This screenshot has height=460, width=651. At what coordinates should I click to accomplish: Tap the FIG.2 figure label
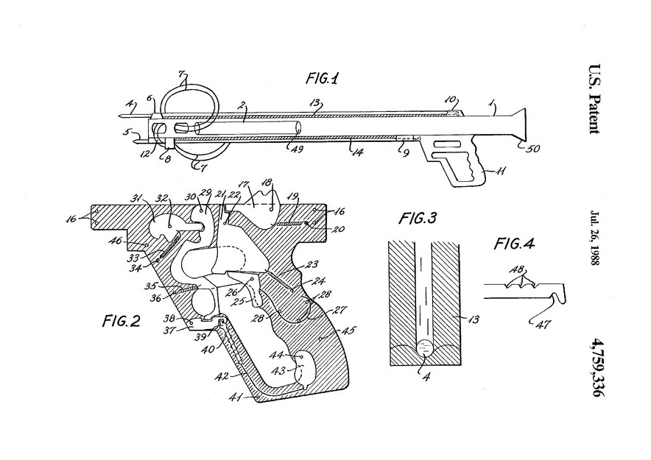pos(120,322)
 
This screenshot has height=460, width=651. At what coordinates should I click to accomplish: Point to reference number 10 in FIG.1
pos(452,98)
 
